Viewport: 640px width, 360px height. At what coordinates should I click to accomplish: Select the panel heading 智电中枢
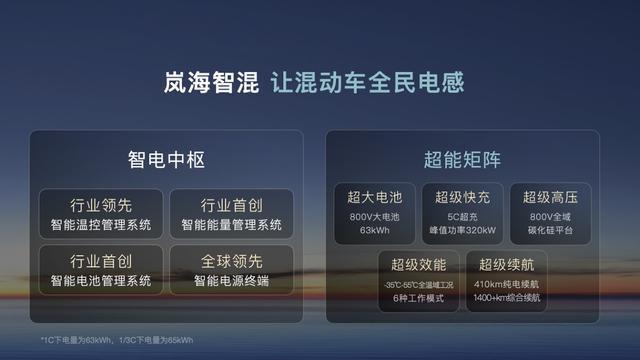166,160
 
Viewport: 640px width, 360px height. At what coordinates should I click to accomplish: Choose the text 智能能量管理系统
231,224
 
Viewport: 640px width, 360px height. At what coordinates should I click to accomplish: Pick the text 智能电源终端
231,282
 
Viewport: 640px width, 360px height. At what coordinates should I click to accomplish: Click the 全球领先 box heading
231,263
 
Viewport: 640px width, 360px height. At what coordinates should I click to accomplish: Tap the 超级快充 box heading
462,196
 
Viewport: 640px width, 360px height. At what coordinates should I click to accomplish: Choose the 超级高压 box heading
550,196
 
